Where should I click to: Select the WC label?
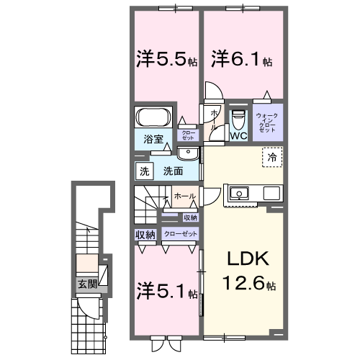(x=238, y=134)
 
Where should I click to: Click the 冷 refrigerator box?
(x=272, y=157)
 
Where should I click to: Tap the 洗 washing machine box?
(x=144, y=171)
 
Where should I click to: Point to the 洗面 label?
(x=171, y=171)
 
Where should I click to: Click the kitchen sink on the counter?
(x=238, y=192)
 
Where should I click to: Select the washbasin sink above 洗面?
(x=189, y=153)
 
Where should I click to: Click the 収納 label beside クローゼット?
(x=145, y=235)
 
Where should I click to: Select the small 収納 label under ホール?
(x=189, y=217)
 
